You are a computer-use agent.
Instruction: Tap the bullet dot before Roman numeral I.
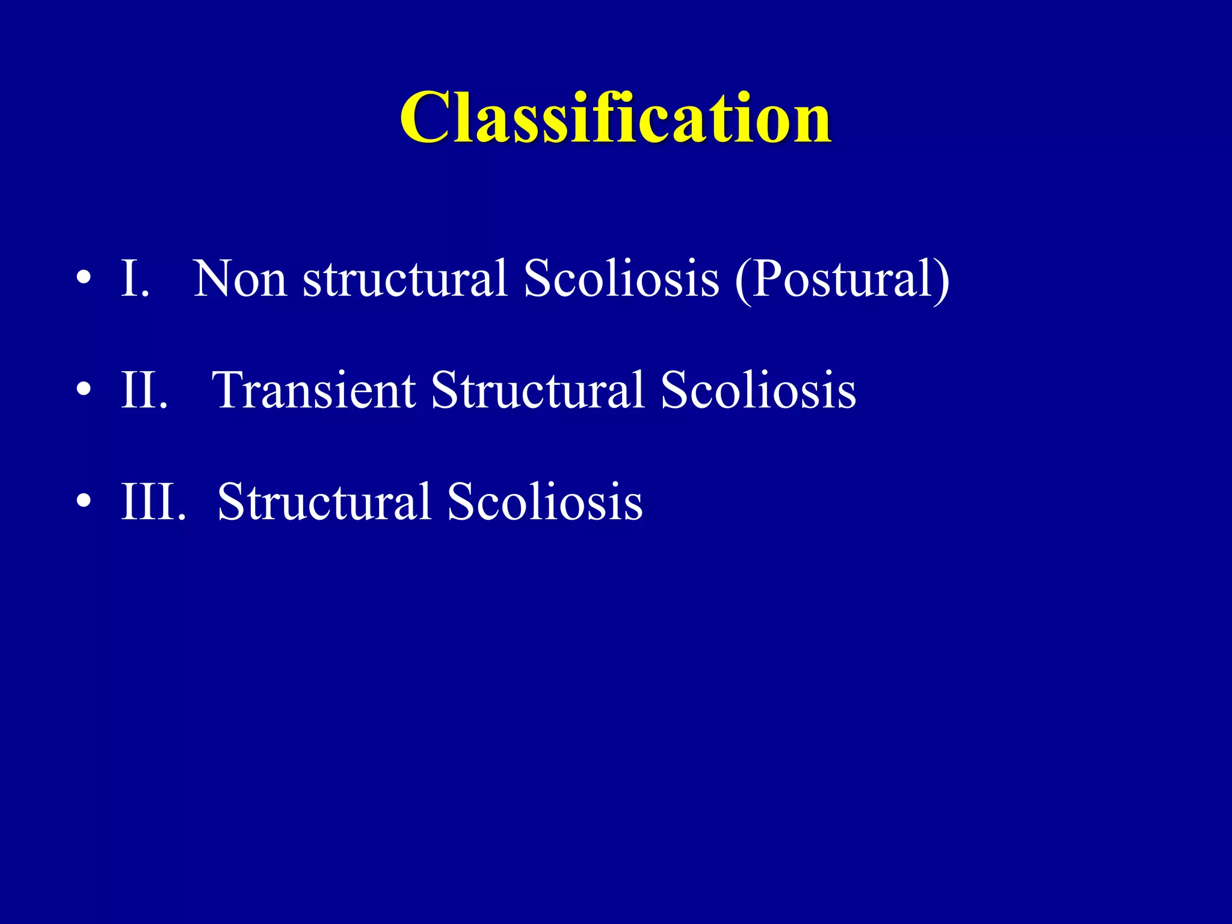coord(84,279)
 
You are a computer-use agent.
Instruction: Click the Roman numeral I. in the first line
coord(134,279)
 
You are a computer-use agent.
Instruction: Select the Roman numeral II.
coord(143,390)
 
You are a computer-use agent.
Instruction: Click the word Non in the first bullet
coord(239,279)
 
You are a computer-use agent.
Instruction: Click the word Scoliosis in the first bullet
coord(621,279)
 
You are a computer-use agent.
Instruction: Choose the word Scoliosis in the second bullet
coord(758,390)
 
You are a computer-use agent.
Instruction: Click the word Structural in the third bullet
coord(324,501)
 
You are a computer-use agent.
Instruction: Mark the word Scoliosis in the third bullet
coord(544,501)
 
